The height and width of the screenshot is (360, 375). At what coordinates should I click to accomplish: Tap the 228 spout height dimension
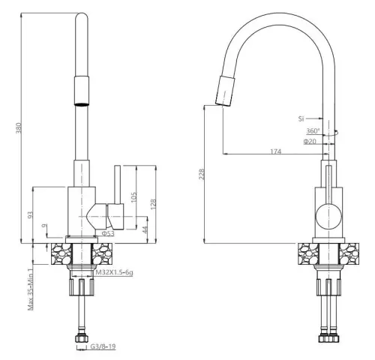point(199,174)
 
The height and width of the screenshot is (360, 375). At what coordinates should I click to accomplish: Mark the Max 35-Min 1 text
point(31,288)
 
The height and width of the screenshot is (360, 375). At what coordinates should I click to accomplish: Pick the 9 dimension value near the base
point(45,226)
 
